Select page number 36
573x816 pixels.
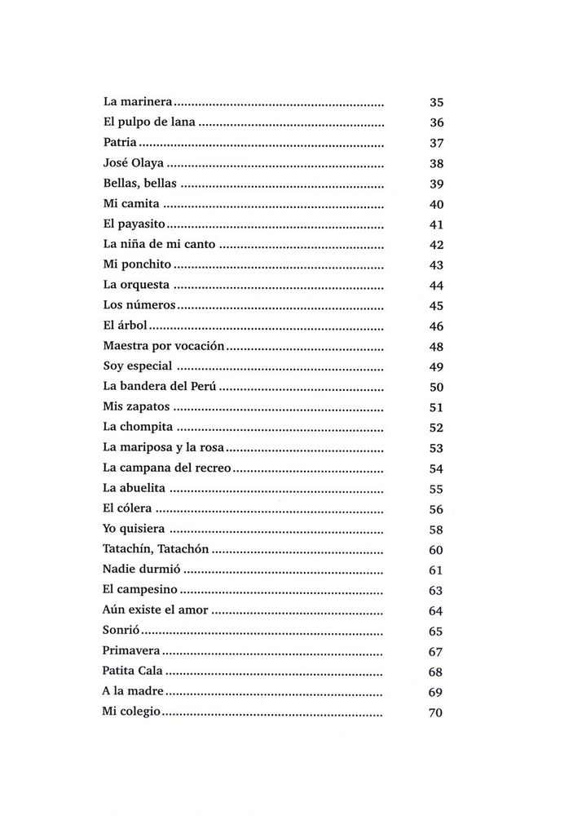coord(435,123)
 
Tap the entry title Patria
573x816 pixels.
coord(120,144)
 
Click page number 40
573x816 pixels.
coord(435,204)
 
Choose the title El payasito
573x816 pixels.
coord(134,224)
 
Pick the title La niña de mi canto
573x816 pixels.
coord(160,245)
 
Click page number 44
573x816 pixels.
coord(435,286)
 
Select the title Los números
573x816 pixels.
coord(139,305)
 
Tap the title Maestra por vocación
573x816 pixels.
coord(163,346)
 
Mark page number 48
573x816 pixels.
coord(435,346)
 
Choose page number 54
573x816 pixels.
coord(435,468)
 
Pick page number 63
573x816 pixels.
coord(435,590)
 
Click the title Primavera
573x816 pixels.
coord(131,651)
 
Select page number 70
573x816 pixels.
coord(435,712)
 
